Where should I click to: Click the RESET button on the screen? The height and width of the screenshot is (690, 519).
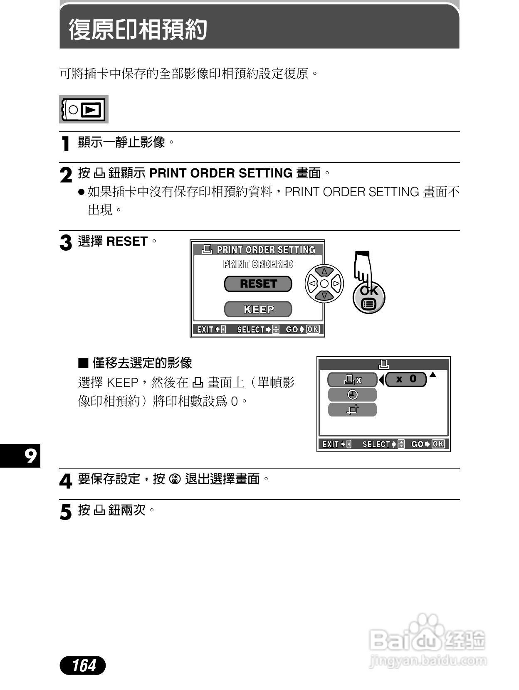pyautogui.click(x=258, y=284)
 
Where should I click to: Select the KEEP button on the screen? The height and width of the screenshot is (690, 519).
pyautogui.click(x=258, y=309)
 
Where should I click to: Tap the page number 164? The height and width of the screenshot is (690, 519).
pyautogui.click(x=83, y=665)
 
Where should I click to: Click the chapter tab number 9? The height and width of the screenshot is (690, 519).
pyautogui.click(x=30, y=456)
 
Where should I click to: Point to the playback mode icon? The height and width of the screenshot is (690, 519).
pyautogui.click(x=84, y=110)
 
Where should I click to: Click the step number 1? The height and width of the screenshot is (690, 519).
pyautogui.click(x=65, y=144)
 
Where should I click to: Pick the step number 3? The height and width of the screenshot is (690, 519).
pyautogui.click(x=66, y=243)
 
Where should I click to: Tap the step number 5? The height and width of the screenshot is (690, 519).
pyautogui.click(x=66, y=512)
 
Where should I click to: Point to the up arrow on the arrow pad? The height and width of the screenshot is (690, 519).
pyautogui.click(x=324, y=271)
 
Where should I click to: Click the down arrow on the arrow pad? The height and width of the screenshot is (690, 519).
pyautogui.click(x=324, y=296)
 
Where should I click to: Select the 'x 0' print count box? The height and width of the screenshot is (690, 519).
pyautogui.click(x=406, y=379)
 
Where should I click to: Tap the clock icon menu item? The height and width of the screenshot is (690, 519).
pyautogui.click(x=352, y=394)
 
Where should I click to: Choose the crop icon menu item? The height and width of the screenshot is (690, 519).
pyautogui.click(x=352, y=410)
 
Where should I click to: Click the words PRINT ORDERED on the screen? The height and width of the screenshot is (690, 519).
pyautogui.click(x=258, y=264)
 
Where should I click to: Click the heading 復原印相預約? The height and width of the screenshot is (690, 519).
pyautogui.click(x=138, y=30)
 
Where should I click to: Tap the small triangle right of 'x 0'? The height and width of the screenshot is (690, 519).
pyautogui.click(x=433, y=375)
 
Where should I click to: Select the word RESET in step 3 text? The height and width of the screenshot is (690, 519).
pyautogui.click(x=127, y=241)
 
